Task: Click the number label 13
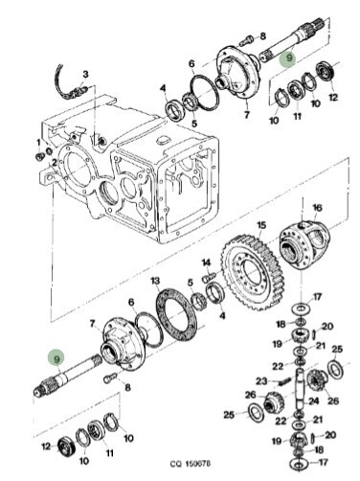[x=155, y=281]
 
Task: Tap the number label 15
[x=261, y=225]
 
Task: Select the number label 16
[x=317, y=208]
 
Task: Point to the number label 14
[x=207, y=263]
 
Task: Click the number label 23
[x=261, y=381]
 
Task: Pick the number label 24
[x=314, y=401]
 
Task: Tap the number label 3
[x=85, y=75]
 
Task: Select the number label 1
[x=38, y=142]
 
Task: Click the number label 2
[x=55, y=163]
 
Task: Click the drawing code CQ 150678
[x=190, y=463]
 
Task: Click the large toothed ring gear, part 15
[x=252, y=273]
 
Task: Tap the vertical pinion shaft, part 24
[x=302, y=389]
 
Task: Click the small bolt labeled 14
[x=210, y=276]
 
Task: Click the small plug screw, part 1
[x=39, y=156]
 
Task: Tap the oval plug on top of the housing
[x=163, y=141]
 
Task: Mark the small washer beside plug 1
[x=49, y=150]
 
